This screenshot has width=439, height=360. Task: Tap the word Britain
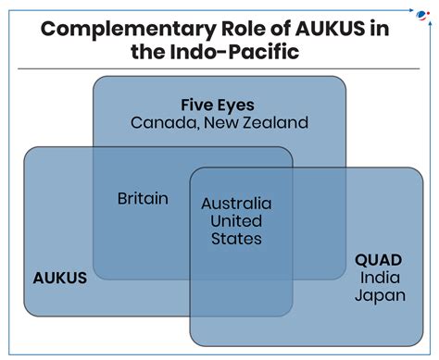tap(143, 199)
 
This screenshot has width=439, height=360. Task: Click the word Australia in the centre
tap(236, 203)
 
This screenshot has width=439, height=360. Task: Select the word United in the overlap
tap(236, 220)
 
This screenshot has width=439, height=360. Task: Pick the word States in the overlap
tap(236, 239)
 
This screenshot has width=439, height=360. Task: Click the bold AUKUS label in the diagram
tap(59, 276)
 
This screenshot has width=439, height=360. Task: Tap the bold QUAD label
tap(380, 260)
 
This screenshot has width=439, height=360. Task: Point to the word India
tap(380, 278)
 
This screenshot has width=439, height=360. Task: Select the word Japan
tap(380, 295)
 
